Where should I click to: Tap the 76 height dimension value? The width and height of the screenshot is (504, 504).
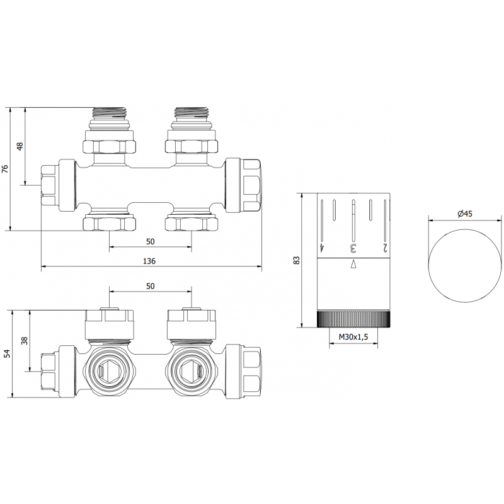[6, 169]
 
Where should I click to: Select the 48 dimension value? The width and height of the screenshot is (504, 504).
[20, 146]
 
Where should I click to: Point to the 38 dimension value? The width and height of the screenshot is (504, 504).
[25, 341]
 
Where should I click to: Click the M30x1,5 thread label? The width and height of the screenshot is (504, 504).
[353, 338]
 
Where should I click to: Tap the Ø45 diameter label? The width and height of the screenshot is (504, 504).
[464, 214]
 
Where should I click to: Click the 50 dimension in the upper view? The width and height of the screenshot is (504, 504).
[151, 241]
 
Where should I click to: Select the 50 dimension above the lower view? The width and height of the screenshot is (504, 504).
[151, 286]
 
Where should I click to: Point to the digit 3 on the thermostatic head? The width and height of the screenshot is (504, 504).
[353, 248]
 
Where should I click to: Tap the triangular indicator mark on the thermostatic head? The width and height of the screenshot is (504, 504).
[353, 264]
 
